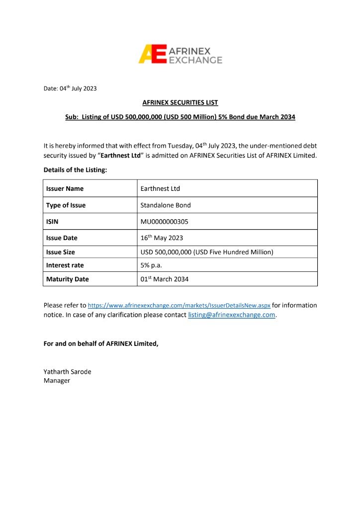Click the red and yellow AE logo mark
click(x=152, y=54)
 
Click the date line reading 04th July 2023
click(x=70, y=88)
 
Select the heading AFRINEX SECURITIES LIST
click(x=180, y=103)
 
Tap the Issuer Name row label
click(x=65, y=189)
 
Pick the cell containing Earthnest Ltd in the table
click(x=160, y=189)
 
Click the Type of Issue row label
click(x=66, y=205)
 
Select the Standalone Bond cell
click(x=166, y=205)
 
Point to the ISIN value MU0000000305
click(x=165, y=222)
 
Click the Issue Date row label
click(x=62, y=238)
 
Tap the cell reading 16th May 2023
click(x=162, y=238)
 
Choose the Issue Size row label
click(x=61, y=252)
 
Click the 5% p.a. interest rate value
click(x=151, y=265)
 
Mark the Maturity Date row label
click(x=68, y=279)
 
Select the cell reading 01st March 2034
click(x=165, y=279)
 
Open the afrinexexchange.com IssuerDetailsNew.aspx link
click(x=179, y=306)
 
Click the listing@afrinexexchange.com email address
click(x=231, y=315)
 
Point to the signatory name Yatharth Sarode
click(x=68, y=372)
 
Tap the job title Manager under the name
click(x=57, y=381)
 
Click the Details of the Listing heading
click(x=75, y=170)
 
